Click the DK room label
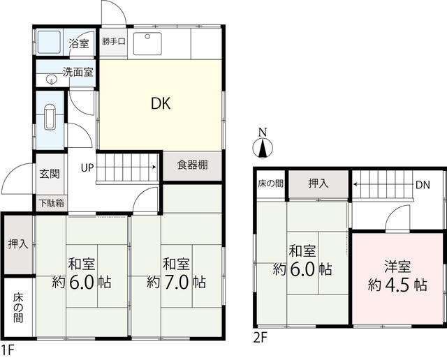[161, 104]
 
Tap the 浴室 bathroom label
[79, 43]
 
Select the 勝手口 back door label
[113, 42]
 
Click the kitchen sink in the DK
[147, 43]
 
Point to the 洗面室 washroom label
[78, 72]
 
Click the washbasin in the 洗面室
[51, 80]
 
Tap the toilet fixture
[50, 117]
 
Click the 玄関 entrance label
[50, 174]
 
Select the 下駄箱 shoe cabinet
[52, 203]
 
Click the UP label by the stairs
[87, 167]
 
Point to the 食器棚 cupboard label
[193, 165]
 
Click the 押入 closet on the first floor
[18, 244]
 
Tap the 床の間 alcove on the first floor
[18, 308]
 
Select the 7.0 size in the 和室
[176, 283]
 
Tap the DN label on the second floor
[423, 185]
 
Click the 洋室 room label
[397, 267]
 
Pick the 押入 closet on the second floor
[318, 183]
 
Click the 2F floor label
[260, 338]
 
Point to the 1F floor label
[8, 350]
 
